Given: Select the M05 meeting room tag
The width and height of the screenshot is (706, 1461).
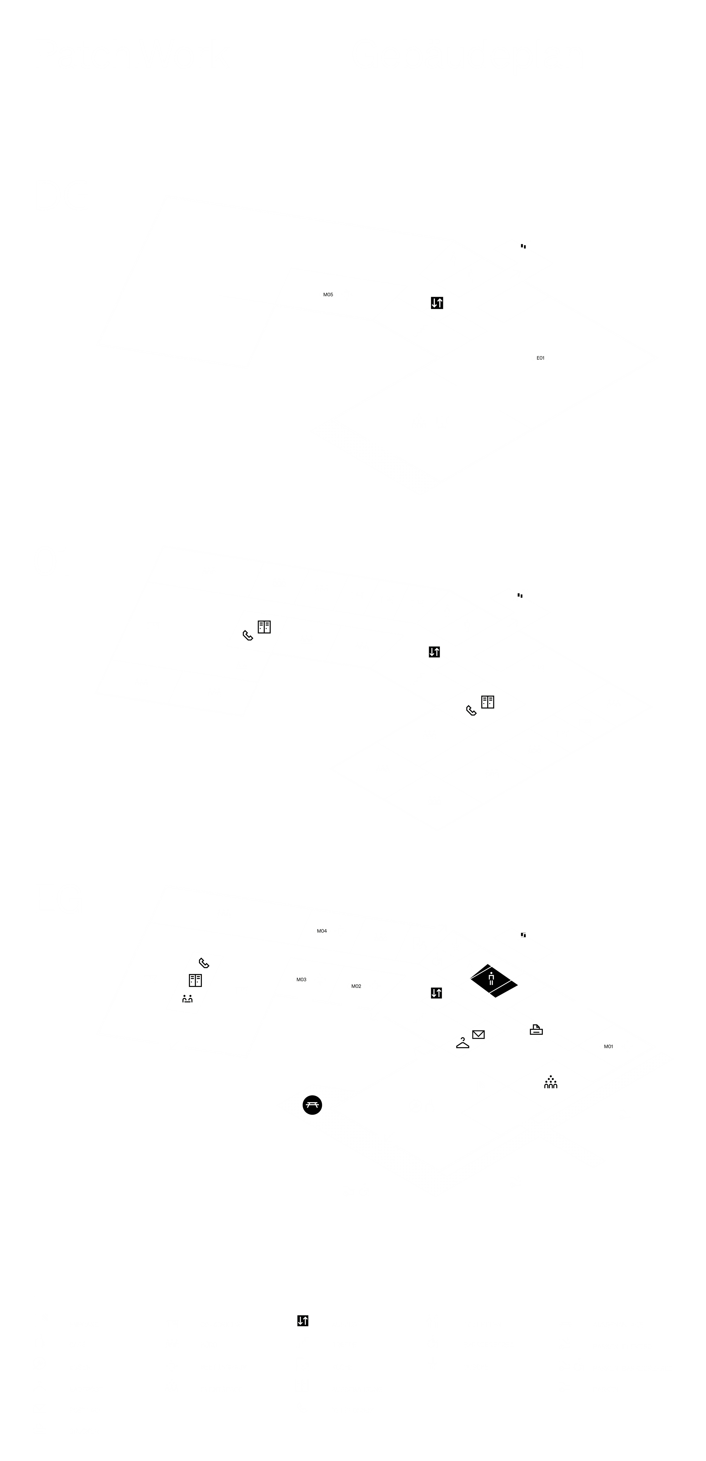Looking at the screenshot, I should [x=328, y=294].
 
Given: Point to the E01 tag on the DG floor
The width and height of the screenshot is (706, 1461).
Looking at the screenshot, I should [x=540, y=358].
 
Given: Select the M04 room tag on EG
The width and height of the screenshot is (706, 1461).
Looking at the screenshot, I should [x=322, y=931].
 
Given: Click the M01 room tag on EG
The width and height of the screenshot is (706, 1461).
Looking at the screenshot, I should [x=609, y=1046].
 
